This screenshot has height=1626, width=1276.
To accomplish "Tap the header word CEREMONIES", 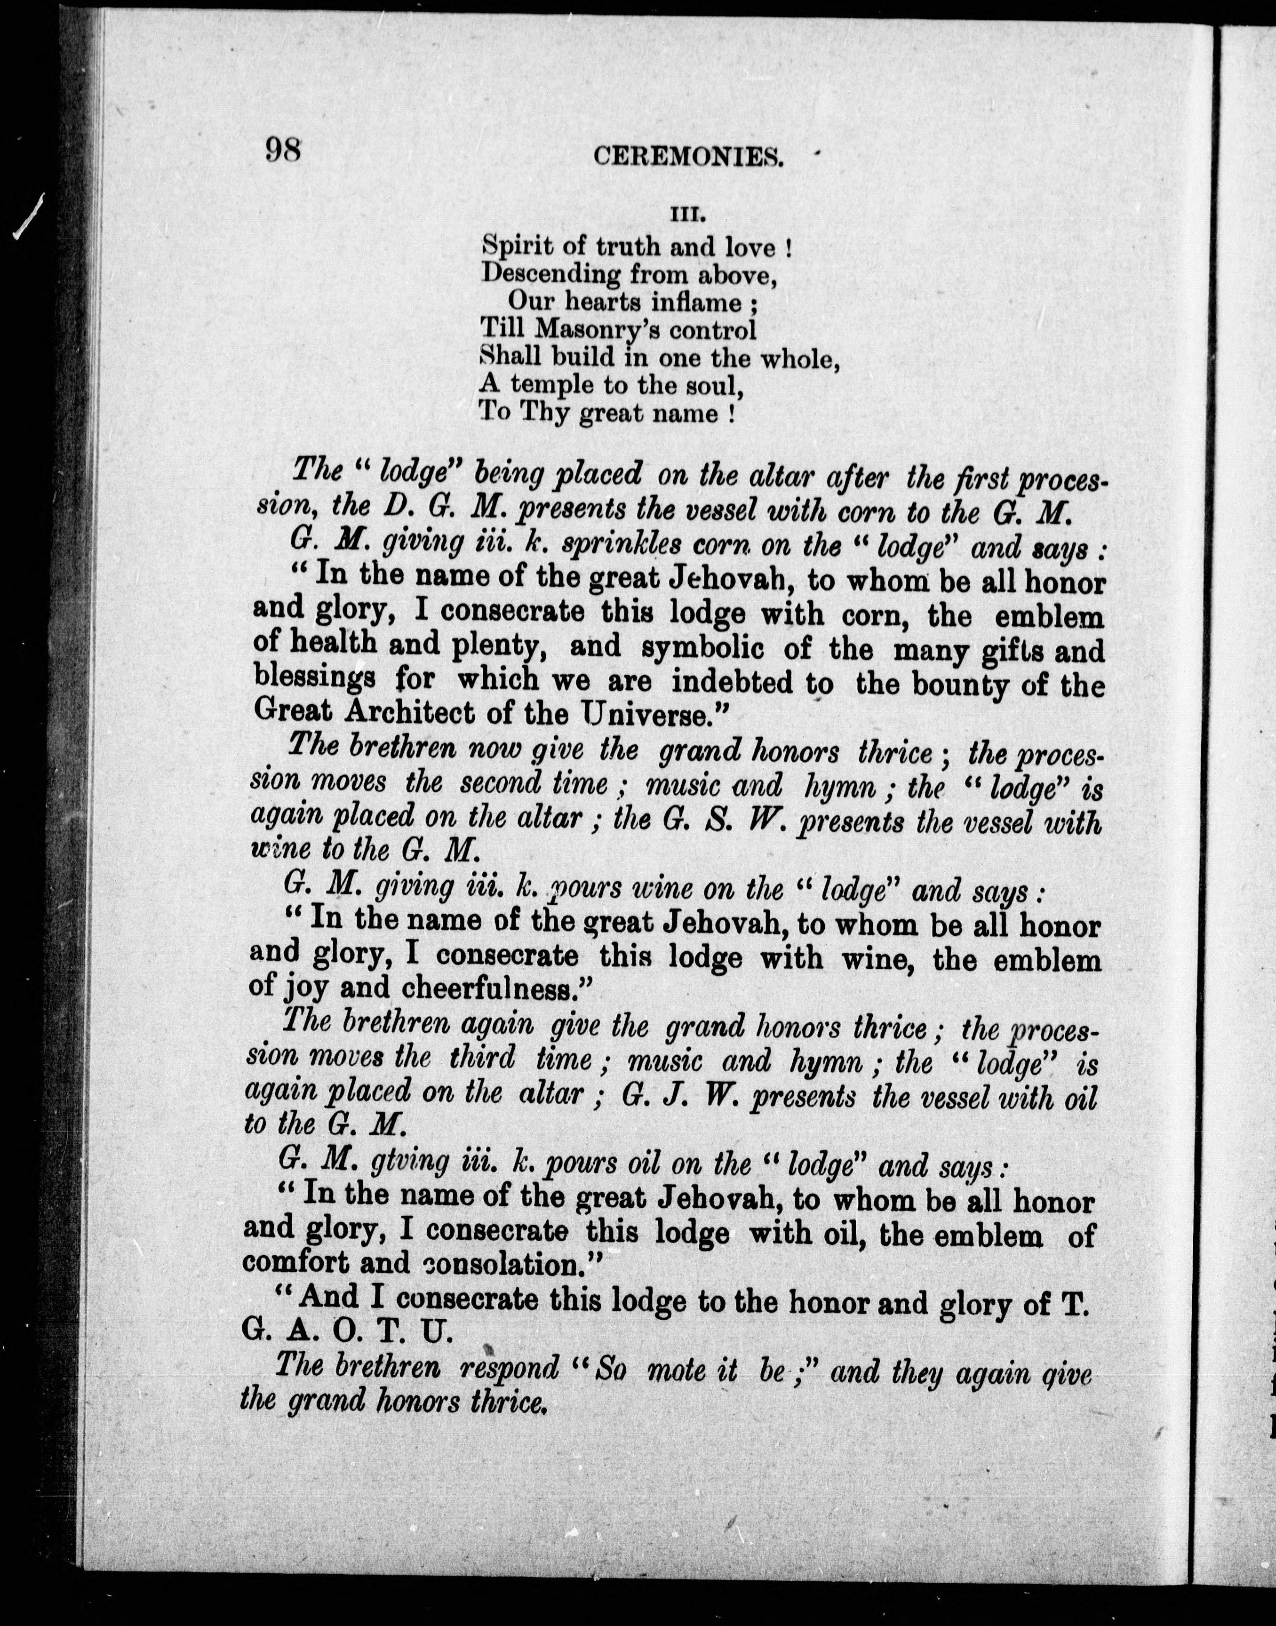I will coord(688,156).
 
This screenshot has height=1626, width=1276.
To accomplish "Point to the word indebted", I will coord(732,682).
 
